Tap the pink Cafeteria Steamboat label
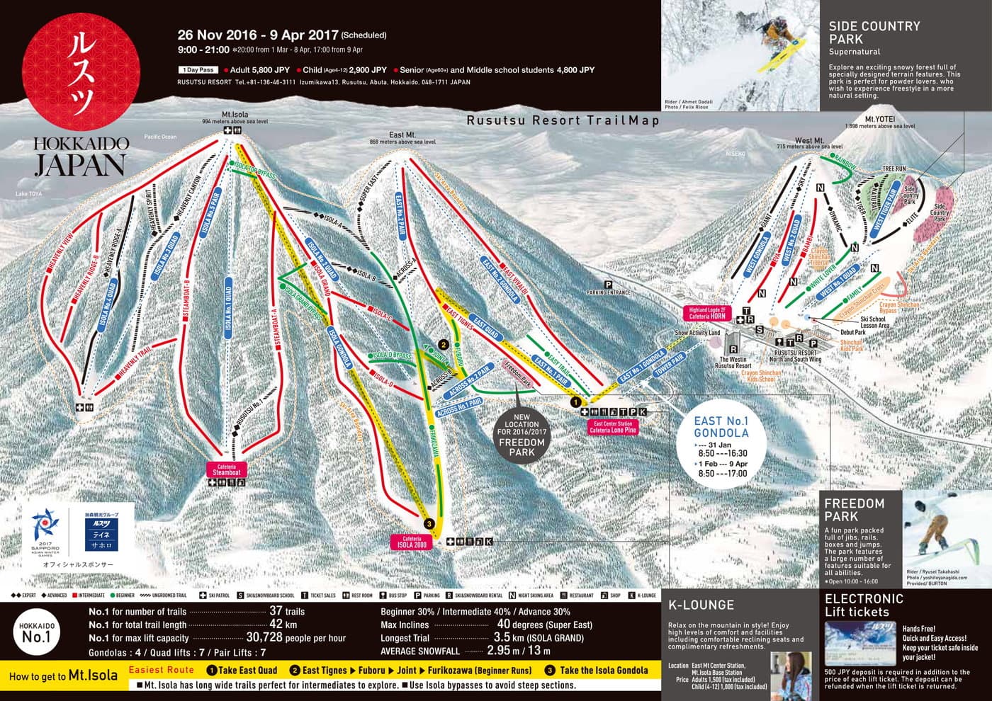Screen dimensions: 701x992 [x=227, y=469]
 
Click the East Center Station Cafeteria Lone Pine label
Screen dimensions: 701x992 [x=613, y=427]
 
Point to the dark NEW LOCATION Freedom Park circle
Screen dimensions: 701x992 [x=522, y=438]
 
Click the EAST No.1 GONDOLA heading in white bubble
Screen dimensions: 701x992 [x=721, y=427]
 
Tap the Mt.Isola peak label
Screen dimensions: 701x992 [x=235, y=115]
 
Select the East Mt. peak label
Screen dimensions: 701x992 [x=402, y=135]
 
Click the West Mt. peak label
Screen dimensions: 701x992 [x=809, y=141]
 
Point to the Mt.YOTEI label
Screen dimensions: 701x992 [x=879, y=120]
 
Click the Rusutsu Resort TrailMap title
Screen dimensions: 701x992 [x=563, y=120]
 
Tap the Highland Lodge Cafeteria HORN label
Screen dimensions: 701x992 [x=707, y=313]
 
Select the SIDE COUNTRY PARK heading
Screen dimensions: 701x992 [x=874, y=33]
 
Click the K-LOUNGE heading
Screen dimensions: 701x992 [x=701, y=605]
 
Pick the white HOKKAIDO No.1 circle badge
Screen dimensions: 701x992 [x=37, y=632]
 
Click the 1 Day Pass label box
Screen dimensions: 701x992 [x=198, y=70]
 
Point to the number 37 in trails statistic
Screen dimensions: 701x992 [x=276, y=611]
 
